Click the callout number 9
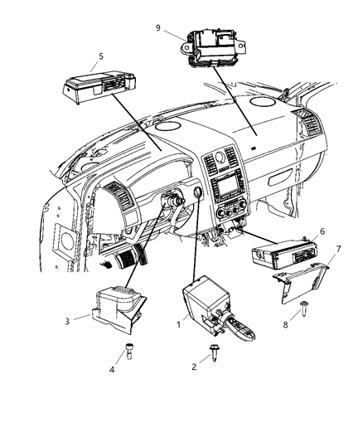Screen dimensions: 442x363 tap(157, 27)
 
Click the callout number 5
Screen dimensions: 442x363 tap(101, 58)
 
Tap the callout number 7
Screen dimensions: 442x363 tap(337, 248)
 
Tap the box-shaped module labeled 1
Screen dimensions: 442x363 tap(202, 301)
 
